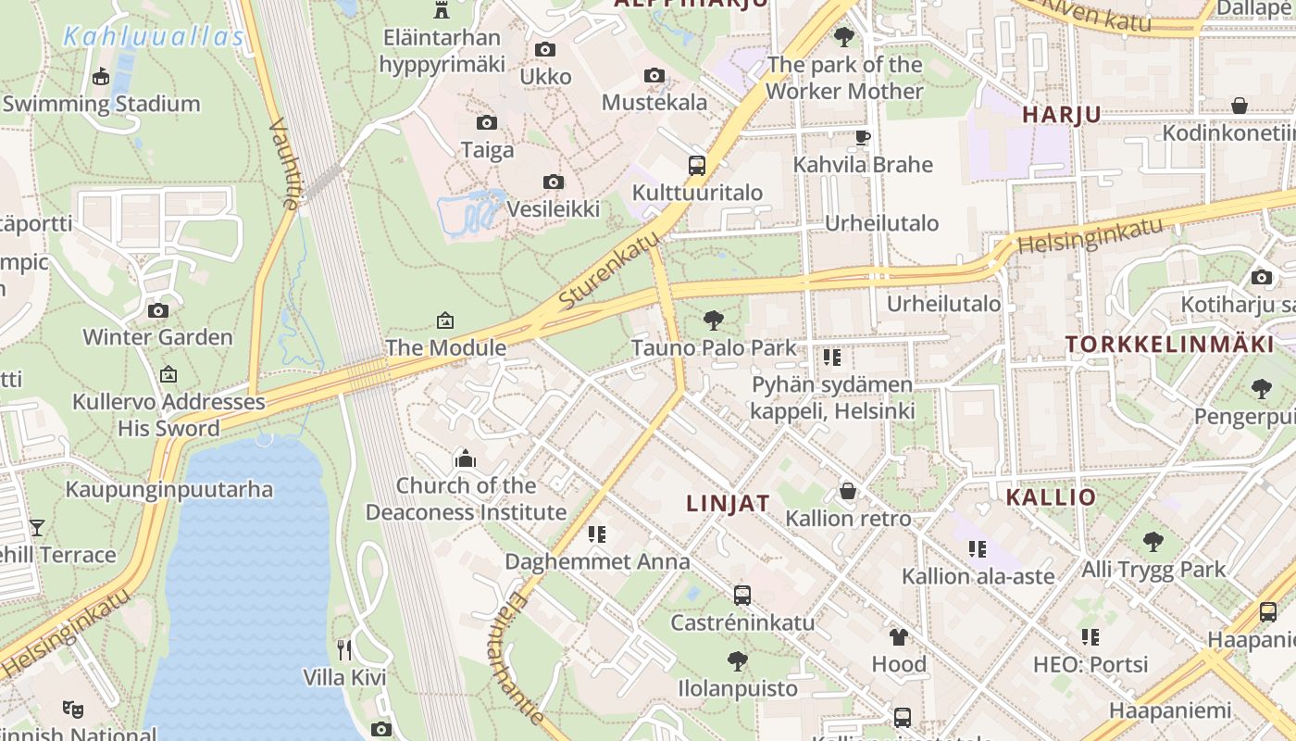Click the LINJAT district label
tap(728, 503)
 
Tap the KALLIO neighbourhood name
tap(1051, 496)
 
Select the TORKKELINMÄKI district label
tap(1169, 345)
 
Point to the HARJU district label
tap(1061, 115)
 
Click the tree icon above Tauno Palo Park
tap(713, 320)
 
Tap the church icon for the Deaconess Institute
tap(465, 458)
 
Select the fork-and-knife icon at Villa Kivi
tap(344, 649)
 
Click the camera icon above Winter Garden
tap(158, 310)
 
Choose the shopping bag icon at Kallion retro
tap(847, 491)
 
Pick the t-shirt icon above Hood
tap(898, 636)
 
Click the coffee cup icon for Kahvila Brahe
tap(862, 137)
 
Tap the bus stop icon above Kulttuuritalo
tap(697, 166)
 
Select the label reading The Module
tap(445, 348)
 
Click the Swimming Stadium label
tap(101, 104)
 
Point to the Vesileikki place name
tap(553, 209)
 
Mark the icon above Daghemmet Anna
tap(597, 534)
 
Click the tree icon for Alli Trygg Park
tap(1153, 542)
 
